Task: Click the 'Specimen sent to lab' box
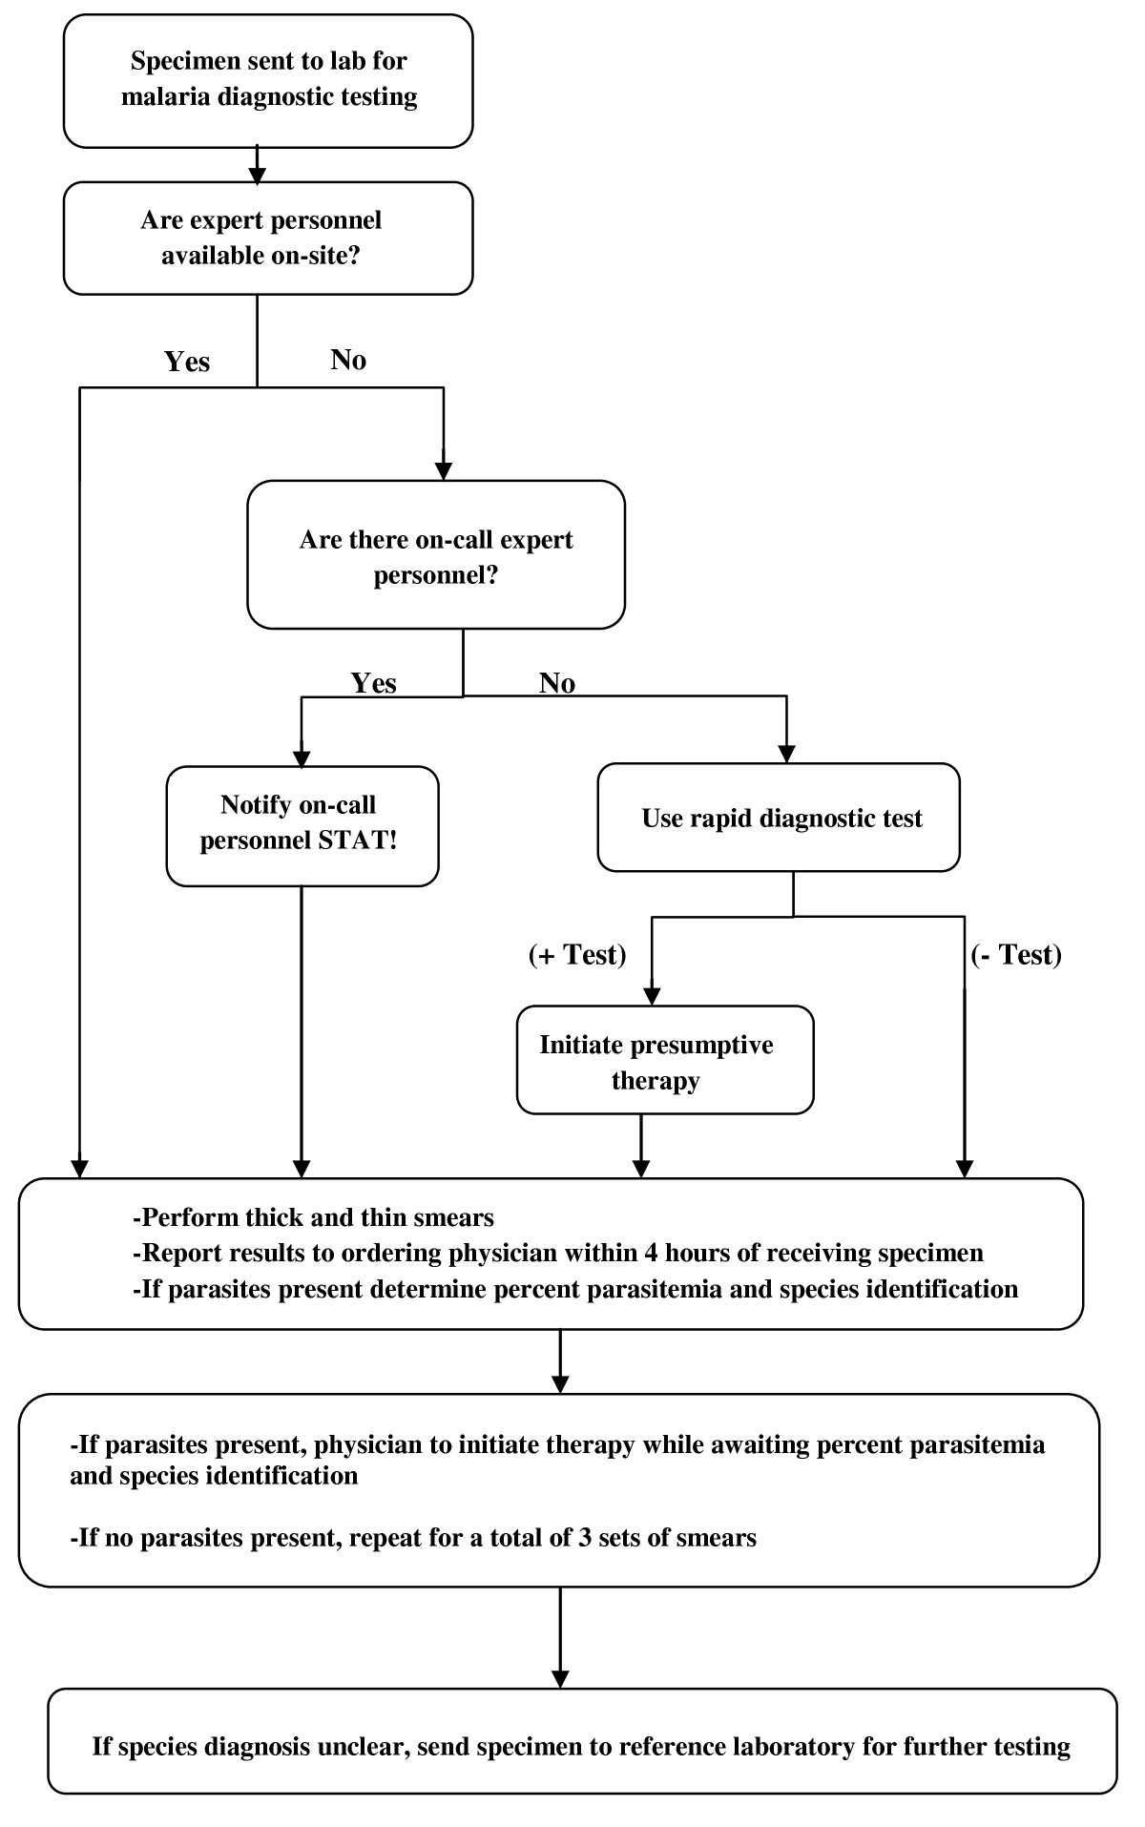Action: pyautogui.click(x=268, y=80)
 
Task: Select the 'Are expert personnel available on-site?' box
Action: pyautogui.click(x=268, y=238)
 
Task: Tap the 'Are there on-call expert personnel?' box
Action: pyautogui.click(x=436, y=555)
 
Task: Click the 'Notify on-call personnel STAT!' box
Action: pyautogui.click(x=302, y=826)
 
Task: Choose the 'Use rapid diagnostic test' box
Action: pyautogui.click(x=779, y=819)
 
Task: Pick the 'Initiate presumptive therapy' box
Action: pyautogui.click(x=664, y=1061)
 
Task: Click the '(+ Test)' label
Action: pyautogui.click(x=577, y=954)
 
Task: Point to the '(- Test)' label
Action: pyautogui.click(x=1015, y=954)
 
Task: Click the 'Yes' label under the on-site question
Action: pyautogui.click(x=187, y=362)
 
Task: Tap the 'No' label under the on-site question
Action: pyautogui.click(x=348, y=360)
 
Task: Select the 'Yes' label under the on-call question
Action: pyautogui.click(x=373, y=683)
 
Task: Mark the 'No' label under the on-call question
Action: pyautogui.click(x=557, y=683)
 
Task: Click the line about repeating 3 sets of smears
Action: pyautogui.click(x=413, y=1538)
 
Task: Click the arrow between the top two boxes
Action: pyautogui.click(x=257, y=164)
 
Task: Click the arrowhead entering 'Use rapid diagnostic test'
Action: pyautogui.click(x=786, y=753)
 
